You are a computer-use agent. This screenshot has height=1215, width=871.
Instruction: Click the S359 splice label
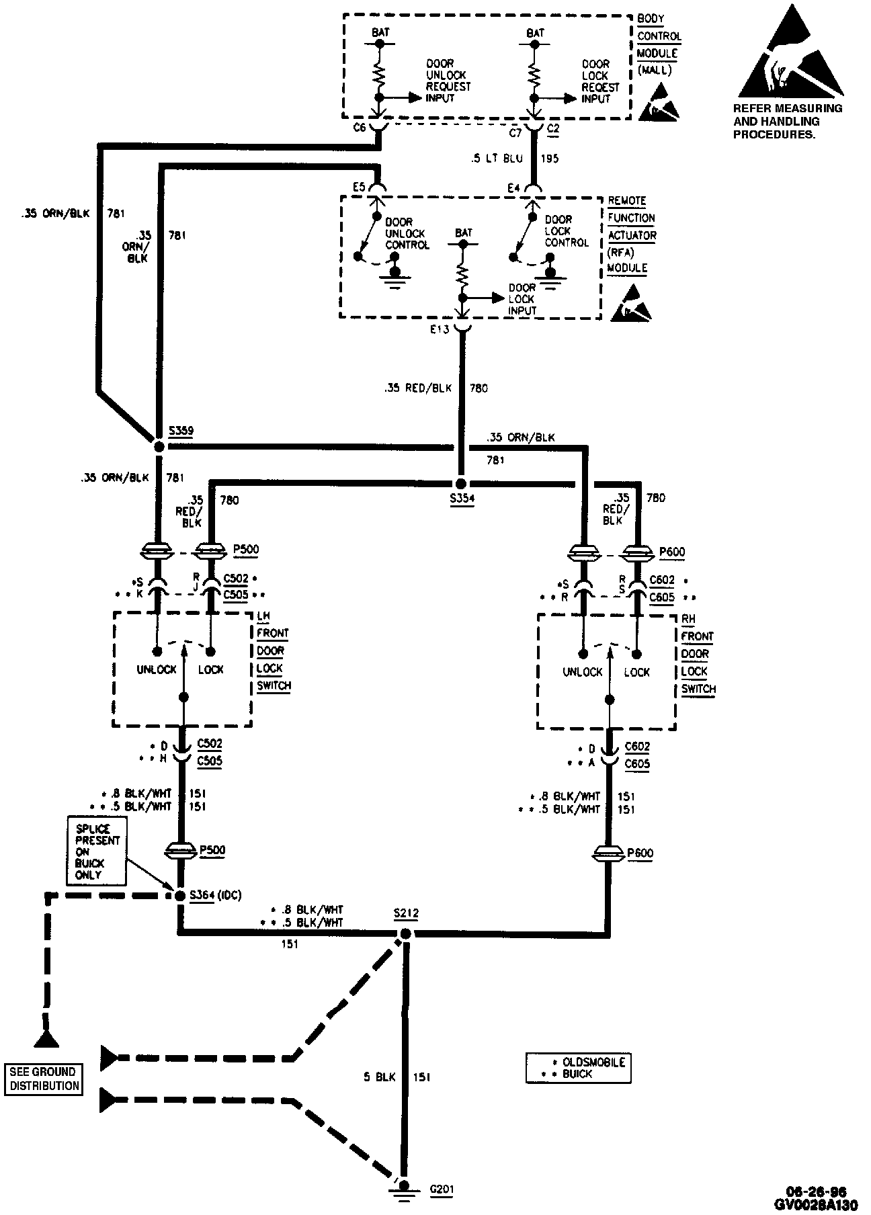tap(181, 431)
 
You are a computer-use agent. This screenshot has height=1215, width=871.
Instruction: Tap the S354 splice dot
tap(460, 484)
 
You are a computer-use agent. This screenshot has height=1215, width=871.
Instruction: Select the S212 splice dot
tap(405, 933)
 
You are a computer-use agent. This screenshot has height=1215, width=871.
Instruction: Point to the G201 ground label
tap(442, 1189)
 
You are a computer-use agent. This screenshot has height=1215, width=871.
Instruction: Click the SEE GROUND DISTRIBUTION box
tap(44, 1079)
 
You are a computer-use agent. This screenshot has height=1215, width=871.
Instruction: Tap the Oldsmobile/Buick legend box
tap(578, 1068)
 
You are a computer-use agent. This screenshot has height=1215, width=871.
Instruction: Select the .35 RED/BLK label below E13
tap(418, 388)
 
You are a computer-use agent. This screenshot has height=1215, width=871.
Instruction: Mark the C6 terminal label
tap(360, 128)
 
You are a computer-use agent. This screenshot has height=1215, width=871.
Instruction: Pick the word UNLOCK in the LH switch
tap(156, 669)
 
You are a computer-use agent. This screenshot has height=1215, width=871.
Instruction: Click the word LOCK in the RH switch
tap(636, 672)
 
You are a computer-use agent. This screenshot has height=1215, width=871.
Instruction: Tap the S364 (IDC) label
tap(215, 895)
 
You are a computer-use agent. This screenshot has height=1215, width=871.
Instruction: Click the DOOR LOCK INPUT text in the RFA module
tap(522, 299)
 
